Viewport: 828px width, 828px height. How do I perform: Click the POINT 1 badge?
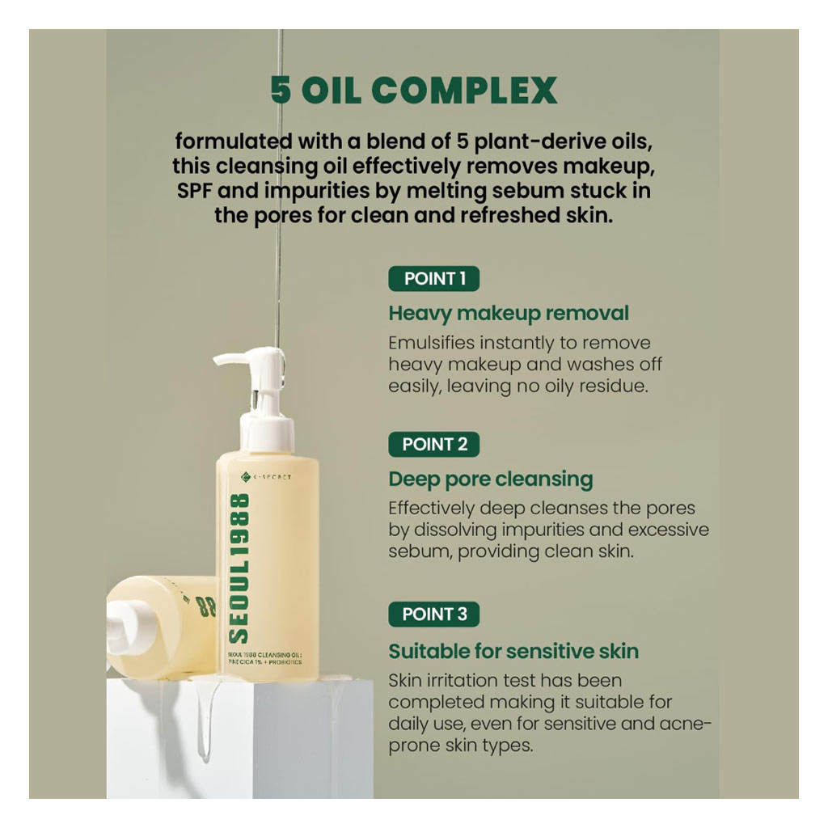(434, 279)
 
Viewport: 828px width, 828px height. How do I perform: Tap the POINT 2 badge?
(434, 444)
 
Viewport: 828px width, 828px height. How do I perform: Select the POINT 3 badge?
(434, 614)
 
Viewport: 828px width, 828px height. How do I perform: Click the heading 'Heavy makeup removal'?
(509, 313)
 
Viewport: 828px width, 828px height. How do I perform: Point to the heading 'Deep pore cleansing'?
(490, 479)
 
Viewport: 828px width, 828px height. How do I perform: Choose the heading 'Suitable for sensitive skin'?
(513, 651)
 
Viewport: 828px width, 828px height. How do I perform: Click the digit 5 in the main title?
(281, 91)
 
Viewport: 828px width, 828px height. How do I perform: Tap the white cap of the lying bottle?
(129, 619)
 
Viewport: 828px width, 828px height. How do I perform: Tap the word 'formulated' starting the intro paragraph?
(223, 142)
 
